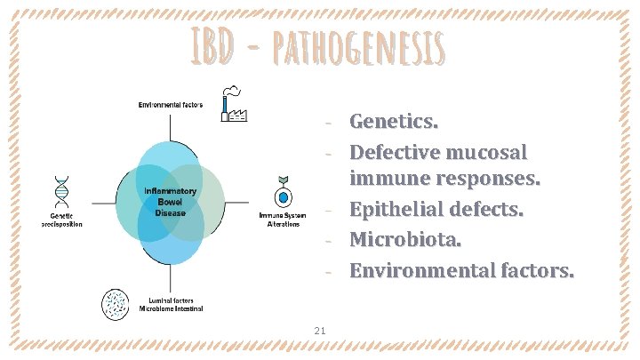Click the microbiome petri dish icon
(116, 303)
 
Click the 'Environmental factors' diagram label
(170, 105)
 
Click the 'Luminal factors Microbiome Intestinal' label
(171, 304)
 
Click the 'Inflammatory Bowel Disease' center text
(170, 201)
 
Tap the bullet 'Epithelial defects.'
(436, 211)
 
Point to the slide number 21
(320, 332)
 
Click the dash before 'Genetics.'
(328, 121)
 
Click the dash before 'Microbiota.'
(328, 241)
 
